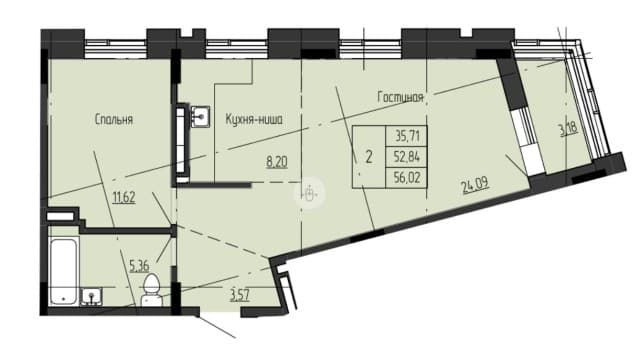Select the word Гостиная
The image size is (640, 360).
click(402, 97)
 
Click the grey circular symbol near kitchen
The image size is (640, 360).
click(310, 194)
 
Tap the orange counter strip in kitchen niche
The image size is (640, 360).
click(184, 150)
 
